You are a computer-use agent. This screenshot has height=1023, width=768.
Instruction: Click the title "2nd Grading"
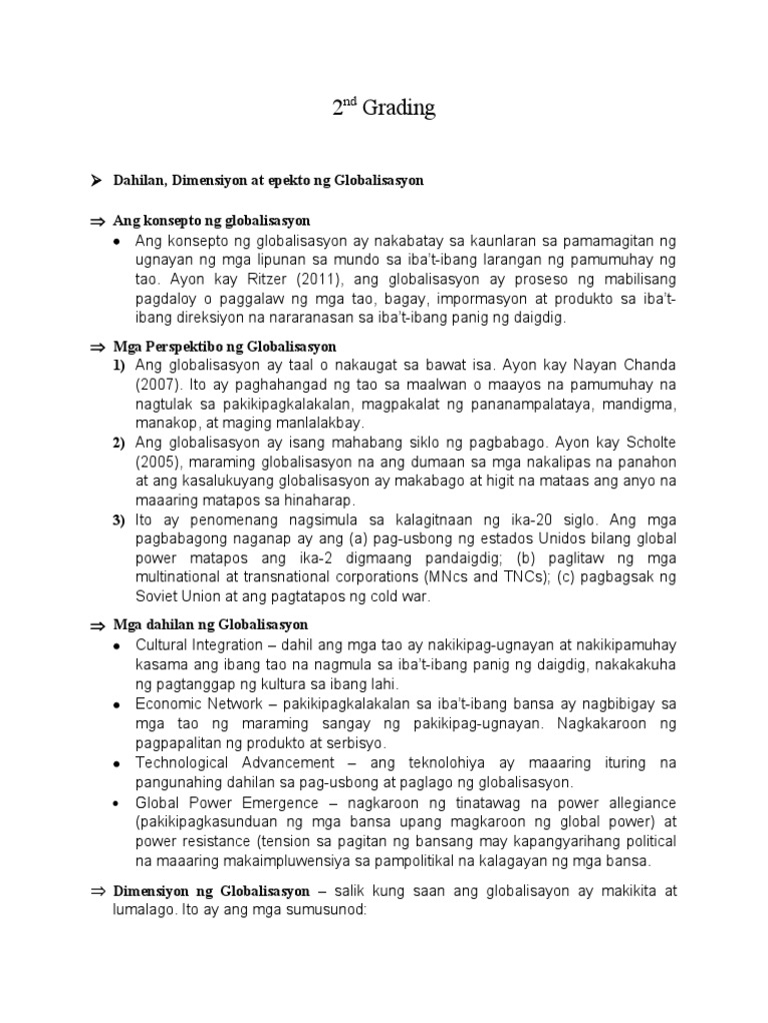tap(383, 108)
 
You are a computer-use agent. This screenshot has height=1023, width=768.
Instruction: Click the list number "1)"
tap(119, 366)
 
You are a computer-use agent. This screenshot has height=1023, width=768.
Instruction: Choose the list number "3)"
tap(119, 520)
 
